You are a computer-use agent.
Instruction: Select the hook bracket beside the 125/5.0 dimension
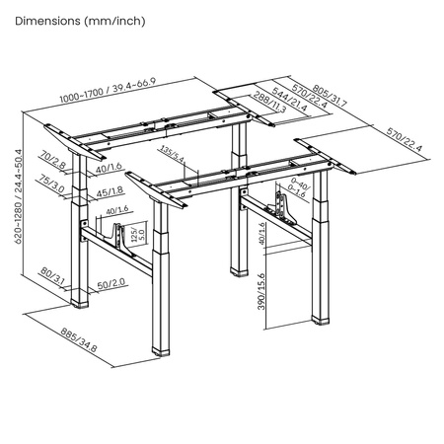pos(124,237)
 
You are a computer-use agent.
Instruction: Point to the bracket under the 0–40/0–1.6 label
pos(290,208)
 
